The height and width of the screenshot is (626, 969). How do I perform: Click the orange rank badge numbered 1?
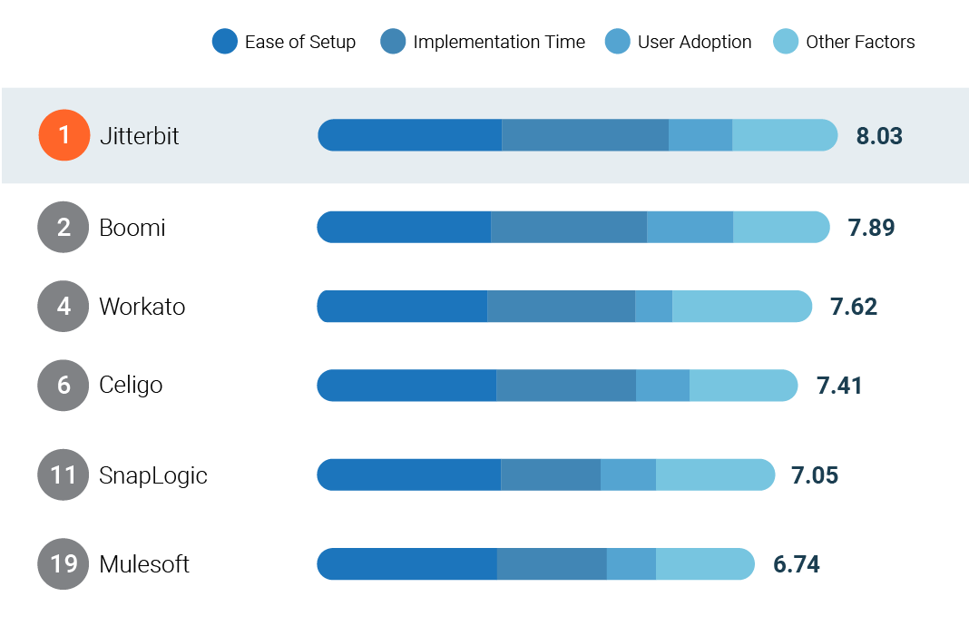(64, 135)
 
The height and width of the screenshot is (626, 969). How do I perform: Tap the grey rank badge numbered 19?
(64, 564)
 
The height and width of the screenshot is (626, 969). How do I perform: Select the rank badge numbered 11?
(64, 475)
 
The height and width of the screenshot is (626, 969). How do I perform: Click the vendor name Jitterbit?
(139, 135)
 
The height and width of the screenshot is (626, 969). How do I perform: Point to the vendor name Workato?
(142, 307)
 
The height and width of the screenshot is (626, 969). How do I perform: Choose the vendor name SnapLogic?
(152, 475)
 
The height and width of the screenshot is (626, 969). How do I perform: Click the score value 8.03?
(879, 136)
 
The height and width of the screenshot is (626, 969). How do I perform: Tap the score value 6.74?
(797, 564)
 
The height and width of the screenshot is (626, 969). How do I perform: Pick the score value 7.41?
(839, 386)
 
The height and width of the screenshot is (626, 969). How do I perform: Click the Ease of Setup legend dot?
(224, 42)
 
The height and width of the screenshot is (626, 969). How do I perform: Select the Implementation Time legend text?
(499, 42)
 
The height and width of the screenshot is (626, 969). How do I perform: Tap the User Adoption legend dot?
(617, 42)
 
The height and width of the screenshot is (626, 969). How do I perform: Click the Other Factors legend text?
(860, 42)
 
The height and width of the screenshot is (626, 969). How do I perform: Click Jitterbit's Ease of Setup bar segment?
(410, 135)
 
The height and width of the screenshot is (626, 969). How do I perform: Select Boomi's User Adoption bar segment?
(690, 227)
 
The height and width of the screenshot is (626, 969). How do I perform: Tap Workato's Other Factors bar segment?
(741, 307)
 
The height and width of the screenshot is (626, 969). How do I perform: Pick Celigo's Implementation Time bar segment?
(566, 386)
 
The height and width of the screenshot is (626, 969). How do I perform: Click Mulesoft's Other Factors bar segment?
(705, 564)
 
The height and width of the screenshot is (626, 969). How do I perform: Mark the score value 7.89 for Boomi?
(872, 228)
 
